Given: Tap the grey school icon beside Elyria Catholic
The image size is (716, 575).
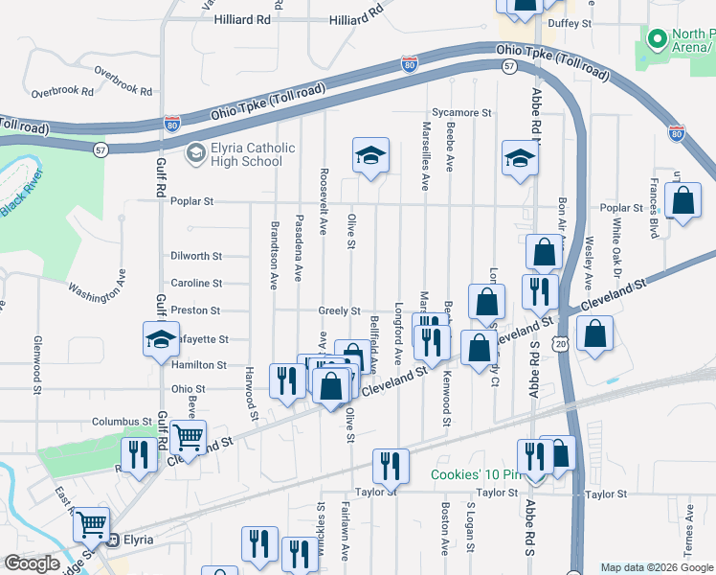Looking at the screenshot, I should [195, 151].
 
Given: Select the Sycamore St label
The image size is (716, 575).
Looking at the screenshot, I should [461, 112].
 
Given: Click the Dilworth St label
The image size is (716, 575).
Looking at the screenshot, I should [196, 257].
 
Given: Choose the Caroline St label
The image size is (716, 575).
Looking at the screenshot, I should [196, 284].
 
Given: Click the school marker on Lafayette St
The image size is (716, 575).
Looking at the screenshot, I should [161, 338].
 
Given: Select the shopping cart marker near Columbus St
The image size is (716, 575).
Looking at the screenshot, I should [189, 438].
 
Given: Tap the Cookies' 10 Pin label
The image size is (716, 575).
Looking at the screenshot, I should [476, 475].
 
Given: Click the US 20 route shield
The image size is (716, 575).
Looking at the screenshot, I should [560, 343].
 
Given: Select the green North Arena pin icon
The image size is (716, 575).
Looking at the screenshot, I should [657, 40].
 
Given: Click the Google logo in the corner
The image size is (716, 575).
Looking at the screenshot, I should [32, 563].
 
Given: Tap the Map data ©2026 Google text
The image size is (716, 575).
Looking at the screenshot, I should [656, 567].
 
